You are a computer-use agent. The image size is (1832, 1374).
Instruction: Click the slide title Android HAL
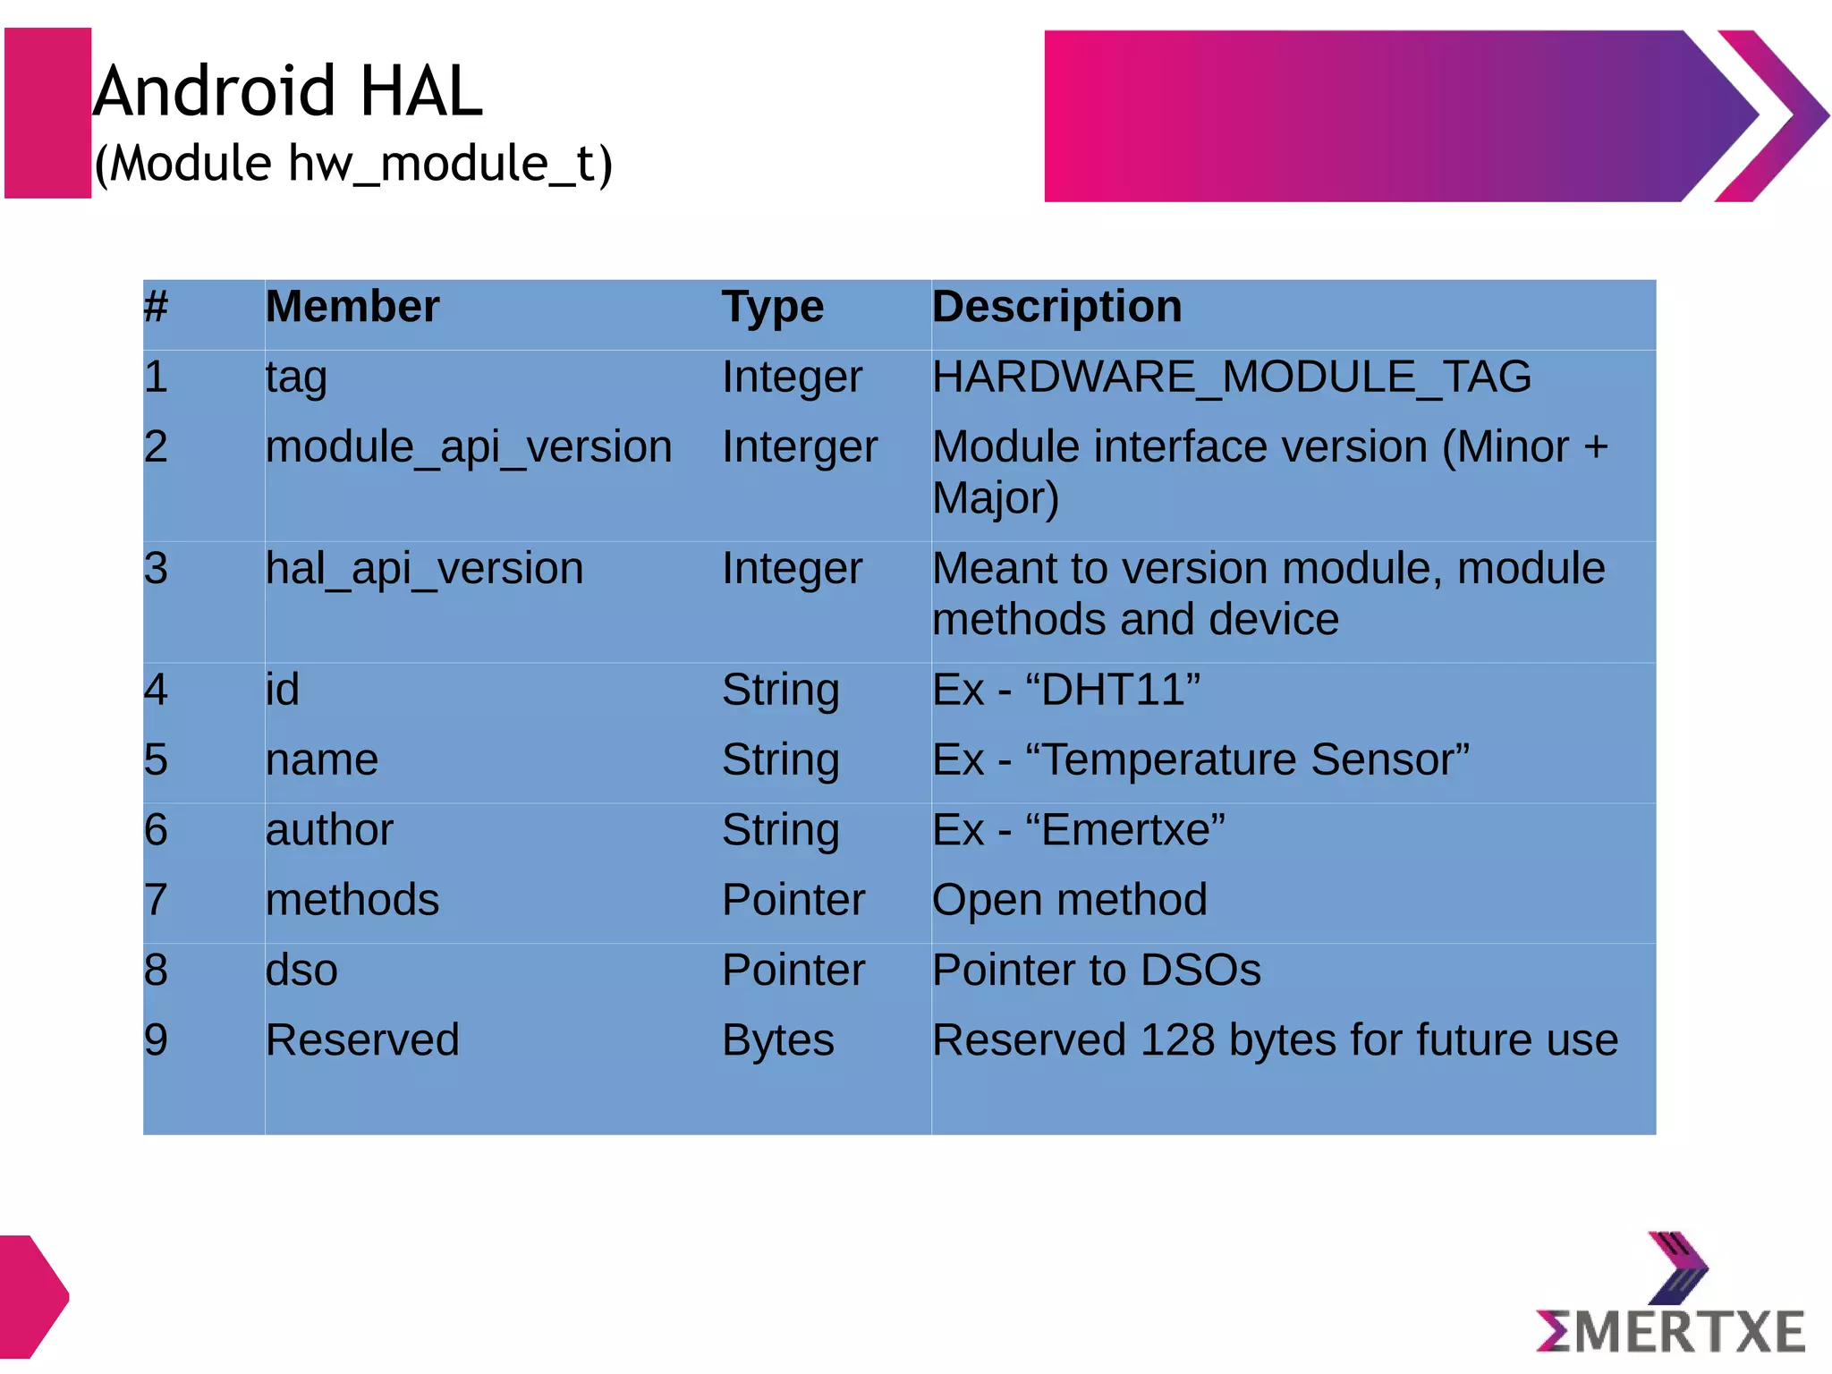click(288, 91)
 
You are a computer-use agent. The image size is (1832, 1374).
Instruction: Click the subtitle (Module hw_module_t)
click(353, 164)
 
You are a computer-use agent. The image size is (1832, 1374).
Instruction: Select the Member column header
click(352, 307)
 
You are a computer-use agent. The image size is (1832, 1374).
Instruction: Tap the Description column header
click(1056, 307)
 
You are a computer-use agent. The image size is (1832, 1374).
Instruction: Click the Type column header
click(772, 307)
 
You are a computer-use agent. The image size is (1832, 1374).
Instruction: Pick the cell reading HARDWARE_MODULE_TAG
click(1231, 377)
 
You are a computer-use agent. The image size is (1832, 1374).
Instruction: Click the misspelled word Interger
click(799, 446)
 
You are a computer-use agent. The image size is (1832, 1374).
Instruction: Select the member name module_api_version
click(468, 446)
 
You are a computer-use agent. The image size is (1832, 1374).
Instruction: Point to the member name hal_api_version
click(424, 569)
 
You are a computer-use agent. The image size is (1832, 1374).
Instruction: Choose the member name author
click(329, 830)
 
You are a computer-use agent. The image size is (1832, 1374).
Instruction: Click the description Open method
click(1069, 900)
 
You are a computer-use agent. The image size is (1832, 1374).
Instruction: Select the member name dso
click(301, 970)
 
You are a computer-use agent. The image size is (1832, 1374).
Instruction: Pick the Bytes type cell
click(777, 1040)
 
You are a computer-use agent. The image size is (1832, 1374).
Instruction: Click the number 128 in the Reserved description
click(1177, 1040)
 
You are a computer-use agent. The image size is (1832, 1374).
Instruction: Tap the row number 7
click(156, 900)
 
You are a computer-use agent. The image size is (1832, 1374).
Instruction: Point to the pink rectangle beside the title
click(47, 113)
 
